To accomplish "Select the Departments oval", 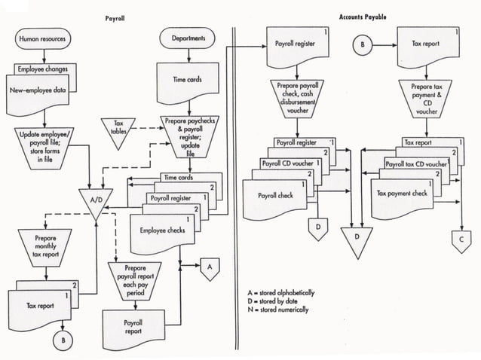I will click(188, 38).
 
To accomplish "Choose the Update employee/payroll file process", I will click(44, 144).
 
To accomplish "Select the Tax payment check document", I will click(401, 194).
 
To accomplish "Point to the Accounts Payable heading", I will click(363, 16).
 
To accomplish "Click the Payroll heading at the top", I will click(116, 16).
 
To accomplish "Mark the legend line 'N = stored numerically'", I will click(277, 310).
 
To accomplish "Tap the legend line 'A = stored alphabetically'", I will click(280, 291).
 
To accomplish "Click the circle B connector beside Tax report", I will click(363, 45).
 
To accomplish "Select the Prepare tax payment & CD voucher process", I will click(421, 100).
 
